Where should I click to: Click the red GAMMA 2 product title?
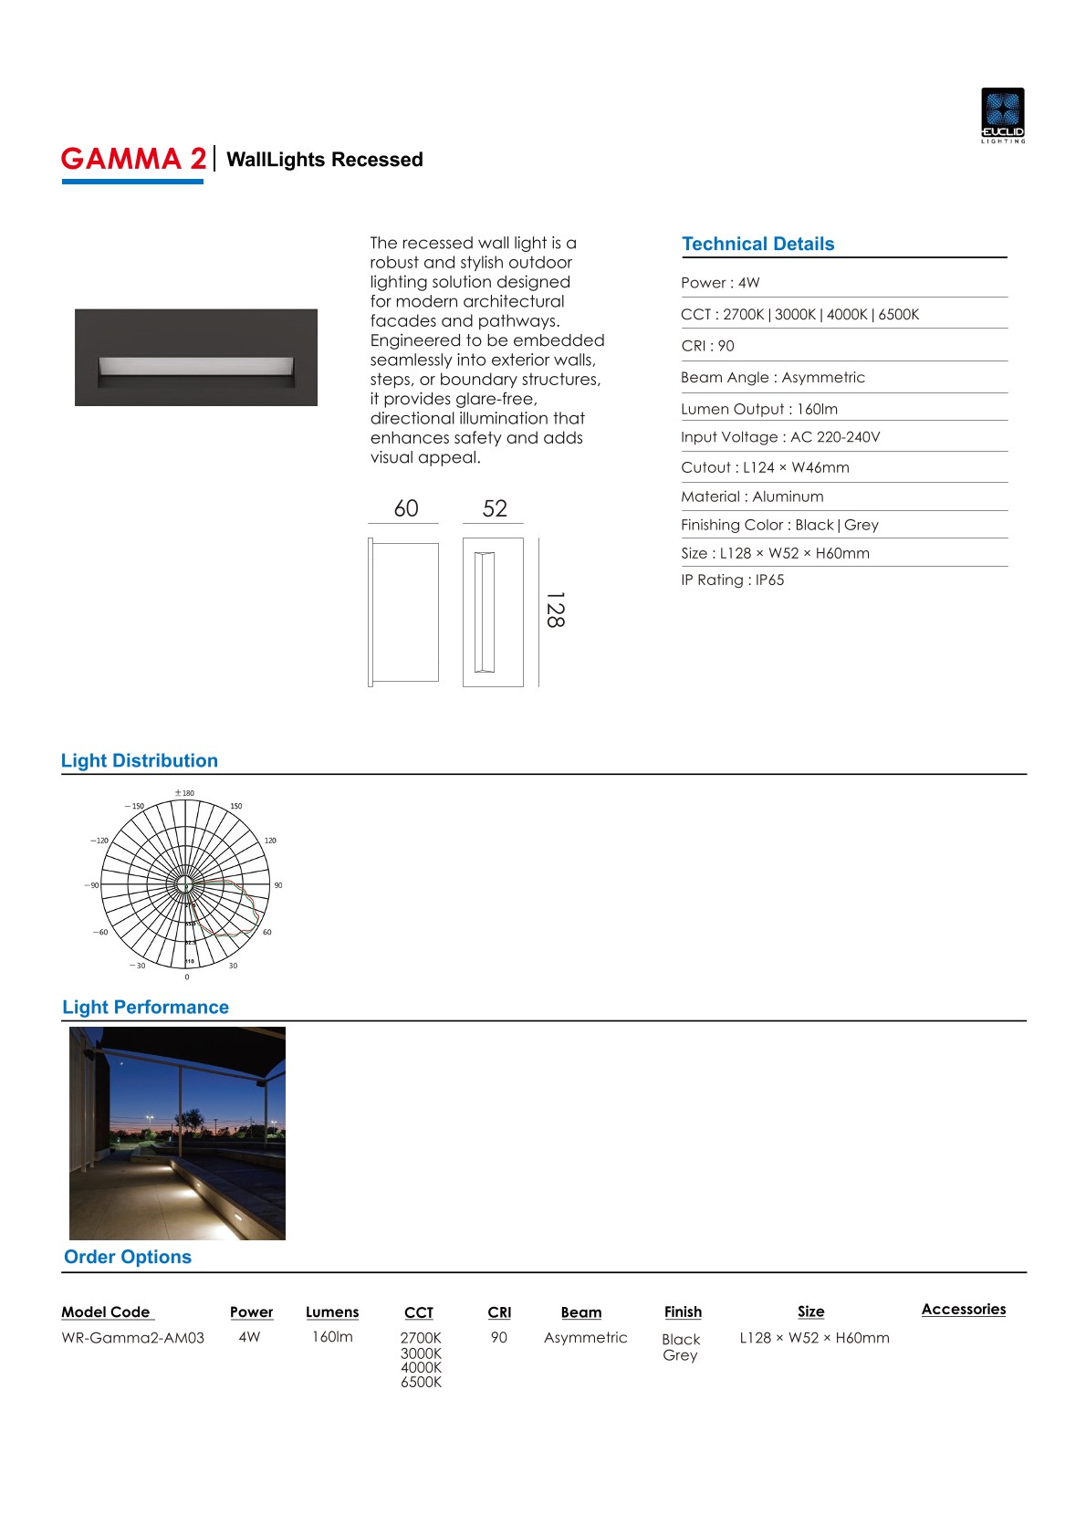[133, 159]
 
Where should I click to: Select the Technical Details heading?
[757, 244]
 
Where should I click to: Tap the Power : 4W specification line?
[720, 283]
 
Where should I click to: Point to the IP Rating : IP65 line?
[732, 580]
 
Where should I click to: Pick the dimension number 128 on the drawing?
[555, 610]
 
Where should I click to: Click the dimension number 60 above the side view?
[406, 508]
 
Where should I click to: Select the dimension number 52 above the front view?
[495, 508]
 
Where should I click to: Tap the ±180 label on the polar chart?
[184, 793]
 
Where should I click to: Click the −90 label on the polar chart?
[92, 885]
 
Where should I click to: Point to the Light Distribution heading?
[140, 760]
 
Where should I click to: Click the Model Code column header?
[106, 1311]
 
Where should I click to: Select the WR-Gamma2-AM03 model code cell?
[133, 1338]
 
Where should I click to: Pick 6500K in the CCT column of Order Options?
[421, 1382]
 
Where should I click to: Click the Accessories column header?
[963, 1309]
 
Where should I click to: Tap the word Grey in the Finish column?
[680, 1355]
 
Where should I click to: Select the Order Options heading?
[128, 1257]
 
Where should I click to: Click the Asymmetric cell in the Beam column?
[586, 1338]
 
